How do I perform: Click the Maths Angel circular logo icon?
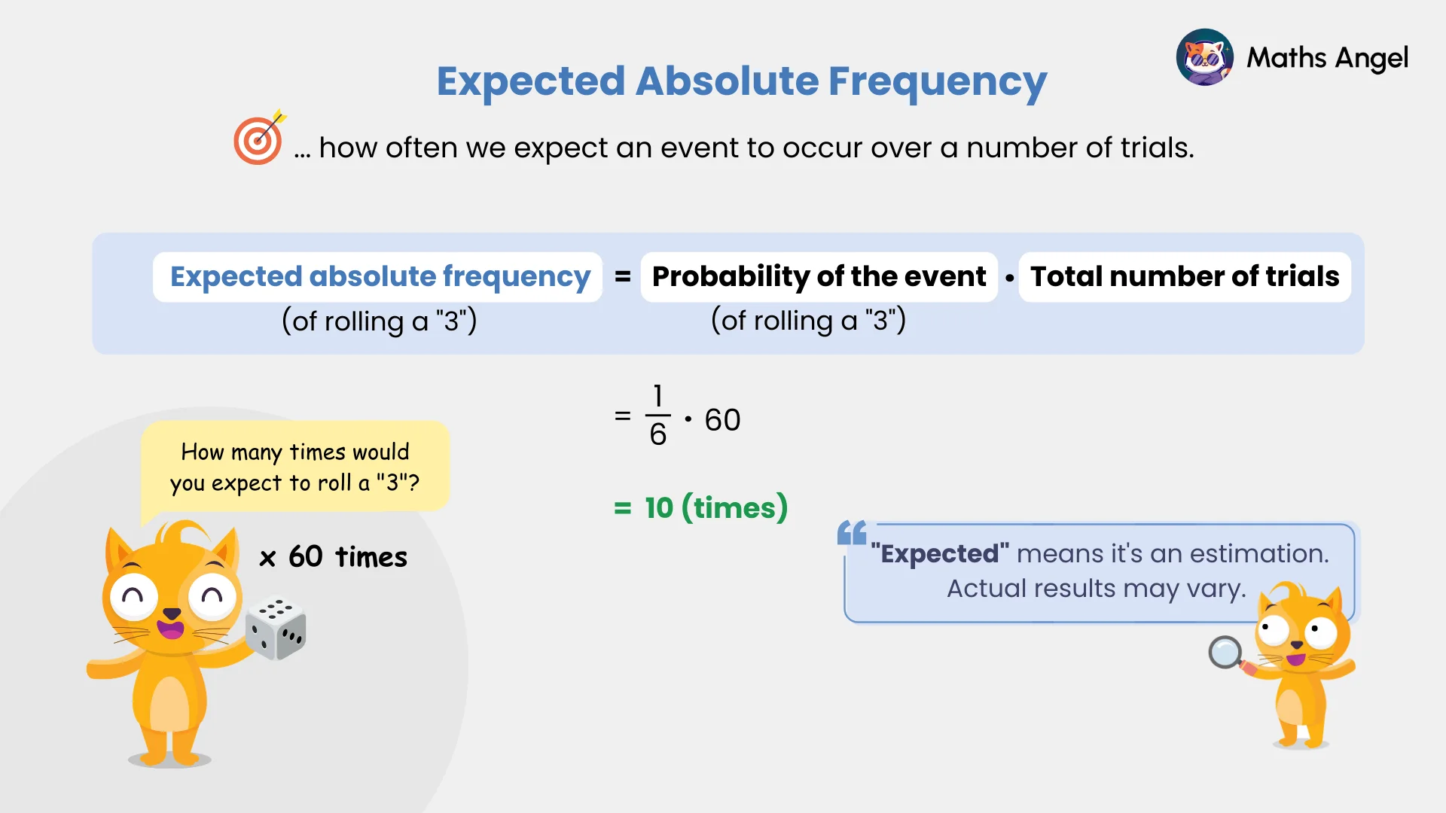pos(1204,57)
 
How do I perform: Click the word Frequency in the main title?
pos(937,81)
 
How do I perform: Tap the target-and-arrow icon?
pos(258,139)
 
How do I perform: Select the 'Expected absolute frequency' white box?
pos(378,276)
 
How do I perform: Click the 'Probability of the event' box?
pos(819,276)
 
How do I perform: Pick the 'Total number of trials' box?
pos(1184,276)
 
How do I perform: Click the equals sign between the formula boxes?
pos(622,277)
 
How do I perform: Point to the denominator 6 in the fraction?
pos(657,435)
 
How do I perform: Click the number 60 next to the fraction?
pos(722,420)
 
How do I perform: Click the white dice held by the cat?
pos(276,629)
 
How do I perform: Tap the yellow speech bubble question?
pos(294,467)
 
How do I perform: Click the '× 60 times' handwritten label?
pos(333,557)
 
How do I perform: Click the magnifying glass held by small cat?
pos(1225,652)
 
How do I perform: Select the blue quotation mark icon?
pos(852,533)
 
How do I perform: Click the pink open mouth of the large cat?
pos(170,628)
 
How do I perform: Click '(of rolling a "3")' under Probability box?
pos(808,321)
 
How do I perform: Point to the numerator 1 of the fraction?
pos(657,396)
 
